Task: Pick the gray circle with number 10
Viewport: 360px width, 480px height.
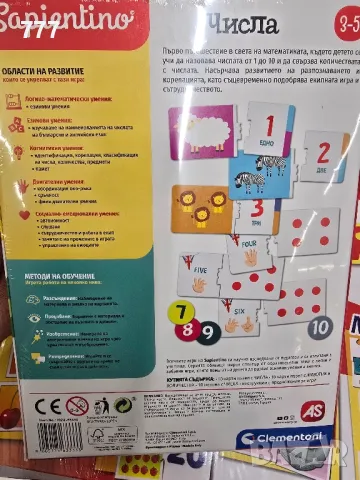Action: click(319, 326)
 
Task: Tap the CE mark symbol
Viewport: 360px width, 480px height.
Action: click(47, 405)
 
